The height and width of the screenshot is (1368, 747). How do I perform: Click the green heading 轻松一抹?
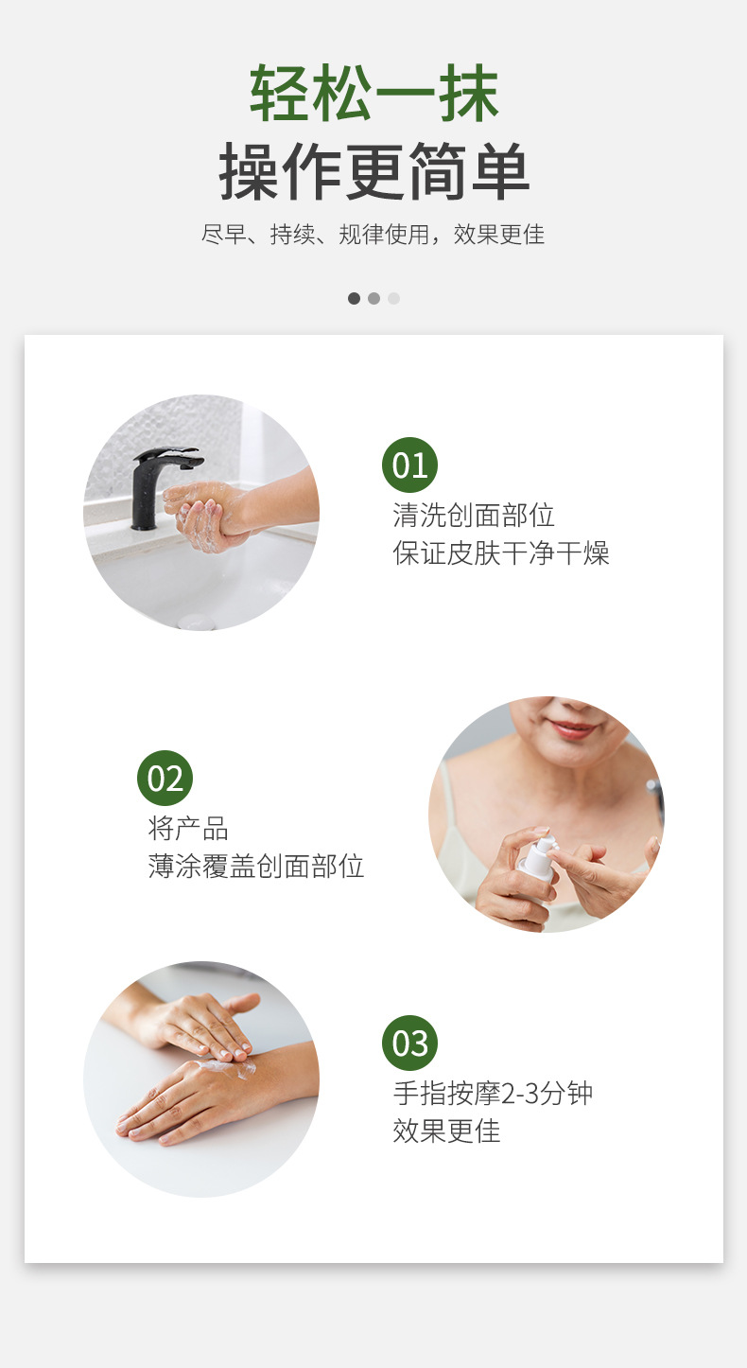pos(374,93)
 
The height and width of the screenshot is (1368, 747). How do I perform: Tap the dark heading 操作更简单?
pos(373,171)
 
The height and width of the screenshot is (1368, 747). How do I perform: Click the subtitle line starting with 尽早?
pos(373,234)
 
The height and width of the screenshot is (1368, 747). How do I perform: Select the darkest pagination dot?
pos(354,298)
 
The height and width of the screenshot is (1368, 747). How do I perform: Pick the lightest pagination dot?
pos(393,298)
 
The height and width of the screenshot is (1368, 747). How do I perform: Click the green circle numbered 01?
pos(409,465)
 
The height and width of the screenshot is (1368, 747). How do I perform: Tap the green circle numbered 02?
pos(165,778)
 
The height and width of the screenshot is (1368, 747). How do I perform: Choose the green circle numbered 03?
pos(409,1043)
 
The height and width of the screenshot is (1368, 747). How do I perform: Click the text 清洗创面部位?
pos(474,515)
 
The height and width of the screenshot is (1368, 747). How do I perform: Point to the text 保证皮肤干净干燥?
pos(501,552)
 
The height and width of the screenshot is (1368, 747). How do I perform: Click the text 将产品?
pos(188,828)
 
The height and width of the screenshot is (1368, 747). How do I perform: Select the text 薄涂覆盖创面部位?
pos(256,866)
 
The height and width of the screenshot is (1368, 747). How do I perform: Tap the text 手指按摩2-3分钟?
pos(493,1094)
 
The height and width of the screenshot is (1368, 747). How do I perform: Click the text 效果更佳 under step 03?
pos(446,1131)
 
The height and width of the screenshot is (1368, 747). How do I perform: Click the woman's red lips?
pos(572,728)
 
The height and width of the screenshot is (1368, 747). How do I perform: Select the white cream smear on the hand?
pos(227,1066)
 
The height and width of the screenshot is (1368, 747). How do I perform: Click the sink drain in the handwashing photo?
pos(197,623)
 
